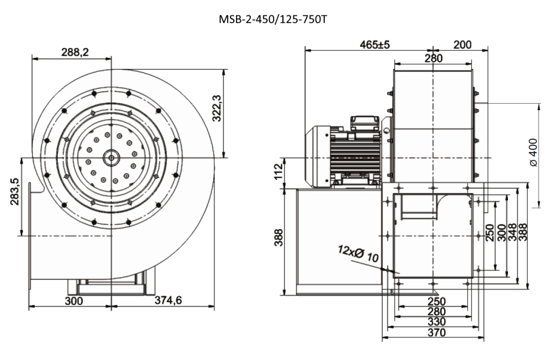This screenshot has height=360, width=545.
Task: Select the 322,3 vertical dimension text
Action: pos(216,109)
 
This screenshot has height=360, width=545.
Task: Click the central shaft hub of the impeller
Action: pos(112,158)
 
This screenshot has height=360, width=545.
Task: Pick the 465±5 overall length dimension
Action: pos(375,45)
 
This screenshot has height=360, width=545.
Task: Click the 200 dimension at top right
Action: pos(462,45)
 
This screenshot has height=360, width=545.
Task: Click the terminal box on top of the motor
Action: pos(364,122)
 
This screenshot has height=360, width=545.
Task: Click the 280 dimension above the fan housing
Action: pos(433,58)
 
